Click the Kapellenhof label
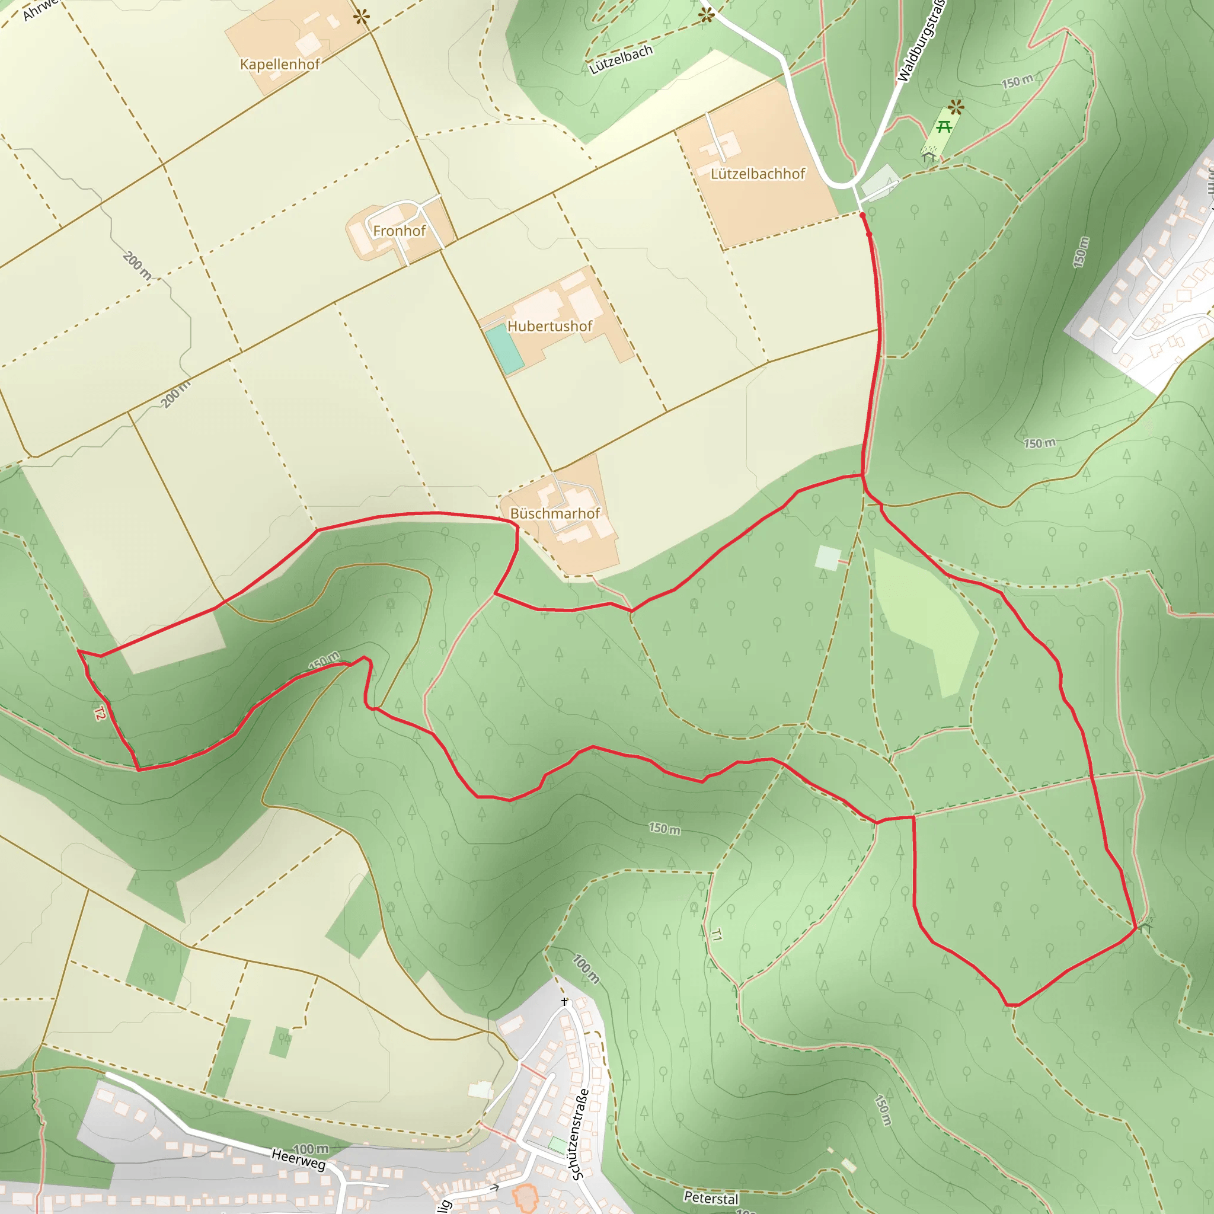[x=280, y=64]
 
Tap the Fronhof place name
[x=399, y=231]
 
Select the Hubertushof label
[x=550, y=326]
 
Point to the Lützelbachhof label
[x=757, y=174]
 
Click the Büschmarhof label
[x=555, y=513]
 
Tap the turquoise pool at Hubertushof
[x=504, y=348]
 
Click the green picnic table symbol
[x=943, y=127]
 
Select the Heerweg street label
[x=299, y=1159]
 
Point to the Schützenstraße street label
[x=579, y=1133]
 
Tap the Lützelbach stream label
[x=621, y=60]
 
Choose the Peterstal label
[x=711, y=1197]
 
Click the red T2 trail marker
[x=99, y=713]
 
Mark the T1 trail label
[x=716, y=935]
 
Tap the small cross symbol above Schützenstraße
[x=565, y=1002]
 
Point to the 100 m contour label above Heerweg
[x=311, y=1149]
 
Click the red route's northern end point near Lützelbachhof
[x=862, y=216]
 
